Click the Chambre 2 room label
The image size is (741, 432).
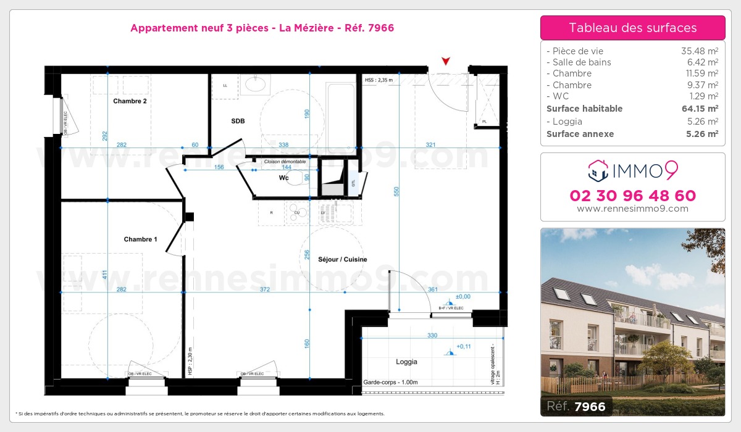tap(130, 101)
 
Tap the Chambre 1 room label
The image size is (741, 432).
tap(140, 239)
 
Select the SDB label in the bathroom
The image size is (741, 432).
tap(238, 121)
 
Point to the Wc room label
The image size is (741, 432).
tap(283, 178)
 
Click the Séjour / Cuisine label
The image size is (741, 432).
tap(342, 259)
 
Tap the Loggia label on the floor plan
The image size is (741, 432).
tap(406, 362)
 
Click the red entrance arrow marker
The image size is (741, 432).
tap(446, 60)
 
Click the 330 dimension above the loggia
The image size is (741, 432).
tap(432, 336)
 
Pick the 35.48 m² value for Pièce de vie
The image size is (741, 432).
tap(699, 51)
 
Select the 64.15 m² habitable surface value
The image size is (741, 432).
tap(699, 109)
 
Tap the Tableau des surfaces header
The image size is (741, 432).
tap(632, 28)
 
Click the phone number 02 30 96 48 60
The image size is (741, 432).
tap(632, 196)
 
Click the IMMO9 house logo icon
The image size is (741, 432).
tap(597, 170)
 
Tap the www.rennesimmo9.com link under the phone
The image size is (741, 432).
tap(632, 209)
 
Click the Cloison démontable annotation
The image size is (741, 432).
tap(285, 162)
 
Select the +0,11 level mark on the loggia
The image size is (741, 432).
tap(464, 347)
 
